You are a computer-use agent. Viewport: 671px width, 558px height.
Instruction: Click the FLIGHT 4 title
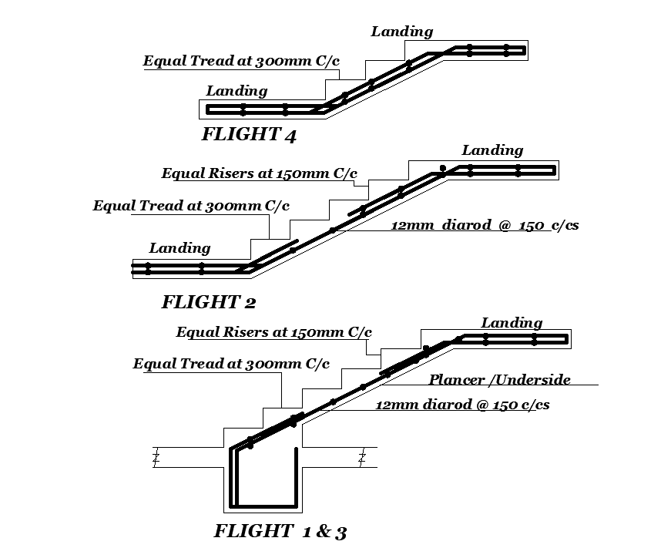(248, 136)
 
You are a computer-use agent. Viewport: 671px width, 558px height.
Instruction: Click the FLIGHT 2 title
(208, 302)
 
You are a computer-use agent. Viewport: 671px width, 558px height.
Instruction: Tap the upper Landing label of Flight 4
(401, 32)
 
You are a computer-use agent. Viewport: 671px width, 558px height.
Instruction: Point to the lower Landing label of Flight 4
(237, 91)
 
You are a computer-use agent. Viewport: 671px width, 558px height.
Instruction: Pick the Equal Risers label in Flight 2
(259, 173)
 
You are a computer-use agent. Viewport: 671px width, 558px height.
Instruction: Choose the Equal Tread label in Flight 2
(191, 206)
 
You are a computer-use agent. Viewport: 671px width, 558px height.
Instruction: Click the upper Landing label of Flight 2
(492, 150)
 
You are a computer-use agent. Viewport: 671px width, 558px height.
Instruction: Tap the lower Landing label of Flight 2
(179, 248)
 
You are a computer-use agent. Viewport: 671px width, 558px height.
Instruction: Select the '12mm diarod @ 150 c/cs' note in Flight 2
(485, 226)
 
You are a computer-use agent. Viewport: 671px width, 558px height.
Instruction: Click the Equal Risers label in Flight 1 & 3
(273, 333)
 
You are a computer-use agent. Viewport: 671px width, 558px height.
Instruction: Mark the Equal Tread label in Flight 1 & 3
(231, 364)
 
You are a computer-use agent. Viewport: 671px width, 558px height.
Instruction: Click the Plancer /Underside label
(499, 379)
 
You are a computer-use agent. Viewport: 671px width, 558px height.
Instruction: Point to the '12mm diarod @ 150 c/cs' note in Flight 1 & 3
(462, 404)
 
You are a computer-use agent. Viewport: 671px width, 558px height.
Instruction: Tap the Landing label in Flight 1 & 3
(512, 323)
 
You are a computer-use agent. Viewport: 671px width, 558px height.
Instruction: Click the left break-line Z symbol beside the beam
(156, 459)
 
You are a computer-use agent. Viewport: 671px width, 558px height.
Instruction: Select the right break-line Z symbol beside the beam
(361, 459)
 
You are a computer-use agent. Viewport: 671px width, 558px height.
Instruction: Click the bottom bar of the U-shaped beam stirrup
(265, 506)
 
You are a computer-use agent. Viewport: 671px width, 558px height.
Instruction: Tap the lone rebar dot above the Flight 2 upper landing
(442, 167)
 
